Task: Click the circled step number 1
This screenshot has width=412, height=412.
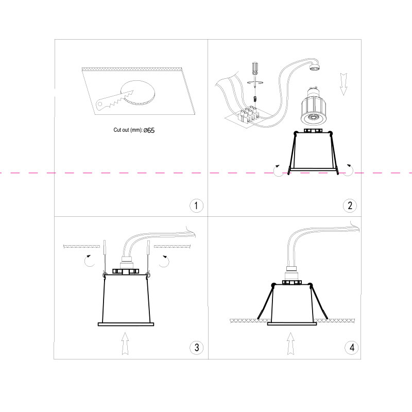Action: [196, 205]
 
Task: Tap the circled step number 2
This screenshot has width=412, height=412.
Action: [350, 205]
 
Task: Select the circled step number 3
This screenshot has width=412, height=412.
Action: [196, 348]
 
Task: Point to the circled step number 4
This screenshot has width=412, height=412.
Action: [352, 348]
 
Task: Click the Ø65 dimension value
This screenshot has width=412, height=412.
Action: [149, 130]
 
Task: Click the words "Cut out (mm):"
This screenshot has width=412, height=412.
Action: [128, 130]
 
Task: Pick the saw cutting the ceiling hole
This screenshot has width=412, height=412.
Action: [114, 101]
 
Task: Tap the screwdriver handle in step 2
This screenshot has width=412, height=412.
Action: [255, 68]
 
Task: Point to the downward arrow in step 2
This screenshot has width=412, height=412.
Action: [344, 84]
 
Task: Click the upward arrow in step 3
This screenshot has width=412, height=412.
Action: [125, 344]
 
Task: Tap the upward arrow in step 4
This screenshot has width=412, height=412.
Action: [290, 344]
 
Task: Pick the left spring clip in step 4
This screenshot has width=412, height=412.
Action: [266, 301]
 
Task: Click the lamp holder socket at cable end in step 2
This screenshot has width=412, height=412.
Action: [315, 67]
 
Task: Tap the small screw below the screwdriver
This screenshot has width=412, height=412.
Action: [255, 99]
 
